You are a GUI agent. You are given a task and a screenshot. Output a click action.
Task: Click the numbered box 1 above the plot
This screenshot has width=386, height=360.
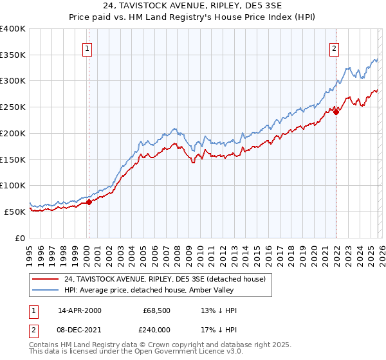87,47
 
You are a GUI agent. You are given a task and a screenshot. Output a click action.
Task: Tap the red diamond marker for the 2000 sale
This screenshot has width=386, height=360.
89,202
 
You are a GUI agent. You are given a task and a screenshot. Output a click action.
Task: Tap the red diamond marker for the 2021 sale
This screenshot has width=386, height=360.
336,112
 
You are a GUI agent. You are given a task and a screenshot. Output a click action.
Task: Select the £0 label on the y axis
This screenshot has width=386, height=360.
19,238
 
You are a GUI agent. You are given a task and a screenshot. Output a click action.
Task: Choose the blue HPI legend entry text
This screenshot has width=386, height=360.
168,291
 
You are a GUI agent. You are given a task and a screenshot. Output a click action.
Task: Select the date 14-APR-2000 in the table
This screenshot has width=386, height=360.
80,310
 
